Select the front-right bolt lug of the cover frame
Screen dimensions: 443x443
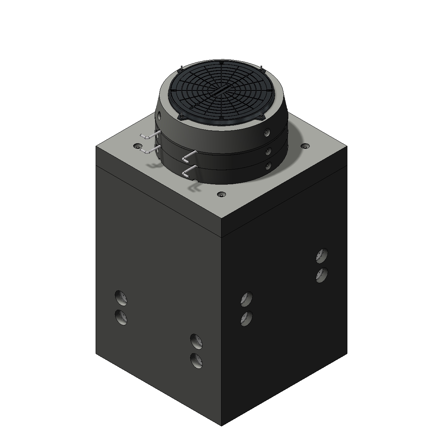point(261,116)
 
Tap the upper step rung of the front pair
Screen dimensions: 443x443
point(189,157)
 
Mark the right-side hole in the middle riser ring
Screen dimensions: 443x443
point(268,151)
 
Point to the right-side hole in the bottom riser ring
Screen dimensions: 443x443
point(268,166)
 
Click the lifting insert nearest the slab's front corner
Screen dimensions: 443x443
point(221,194)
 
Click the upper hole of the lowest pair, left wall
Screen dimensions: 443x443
point(196,341)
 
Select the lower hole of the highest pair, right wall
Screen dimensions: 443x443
point(322,275)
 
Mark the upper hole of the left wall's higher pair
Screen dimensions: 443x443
point(121,297)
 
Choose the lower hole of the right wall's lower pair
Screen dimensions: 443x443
point(247,318)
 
